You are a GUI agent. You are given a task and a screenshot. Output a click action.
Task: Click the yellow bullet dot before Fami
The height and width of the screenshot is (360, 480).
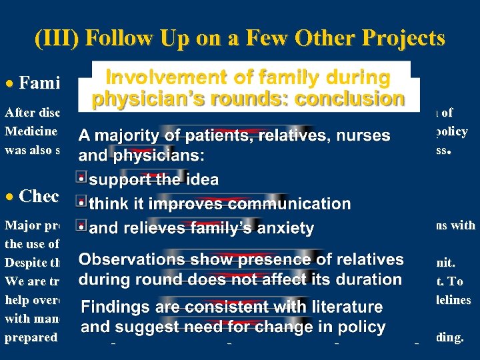[x=11, y=83]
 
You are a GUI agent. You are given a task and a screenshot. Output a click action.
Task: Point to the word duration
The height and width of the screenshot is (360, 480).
[x=369, y=279]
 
